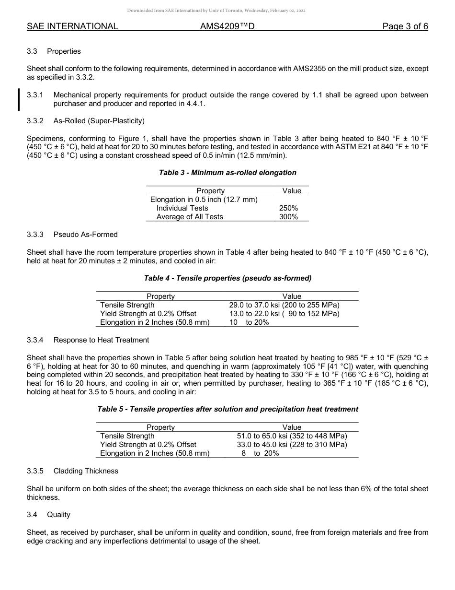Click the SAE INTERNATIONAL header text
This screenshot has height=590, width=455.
[72, 26]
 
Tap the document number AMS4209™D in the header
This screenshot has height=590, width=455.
[227, 26]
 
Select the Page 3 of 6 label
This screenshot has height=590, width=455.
[405, 26]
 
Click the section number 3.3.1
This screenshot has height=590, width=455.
[35, 95]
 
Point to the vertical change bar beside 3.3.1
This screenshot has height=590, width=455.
[19, 99]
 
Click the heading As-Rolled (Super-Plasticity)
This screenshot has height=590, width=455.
[99, 120]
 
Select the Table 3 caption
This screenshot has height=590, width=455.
[227, 173]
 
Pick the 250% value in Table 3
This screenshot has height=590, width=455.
[288, 208]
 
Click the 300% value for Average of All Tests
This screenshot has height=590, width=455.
[288, 217]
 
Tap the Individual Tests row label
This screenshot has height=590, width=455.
[182, 208]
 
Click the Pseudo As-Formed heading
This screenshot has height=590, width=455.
[85, 235]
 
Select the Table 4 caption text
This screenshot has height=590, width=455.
[227, 278]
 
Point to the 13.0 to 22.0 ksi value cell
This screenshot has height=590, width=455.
[284, 314]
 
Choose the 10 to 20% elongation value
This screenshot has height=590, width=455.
[249, 322]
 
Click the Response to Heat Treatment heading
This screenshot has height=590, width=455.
[101, 340]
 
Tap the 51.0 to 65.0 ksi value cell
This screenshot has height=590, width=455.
[292, 436]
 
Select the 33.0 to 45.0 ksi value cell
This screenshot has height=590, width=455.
[292, 445]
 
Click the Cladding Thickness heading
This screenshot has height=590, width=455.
[86, 471]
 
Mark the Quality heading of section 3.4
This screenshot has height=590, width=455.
[58, 515]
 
